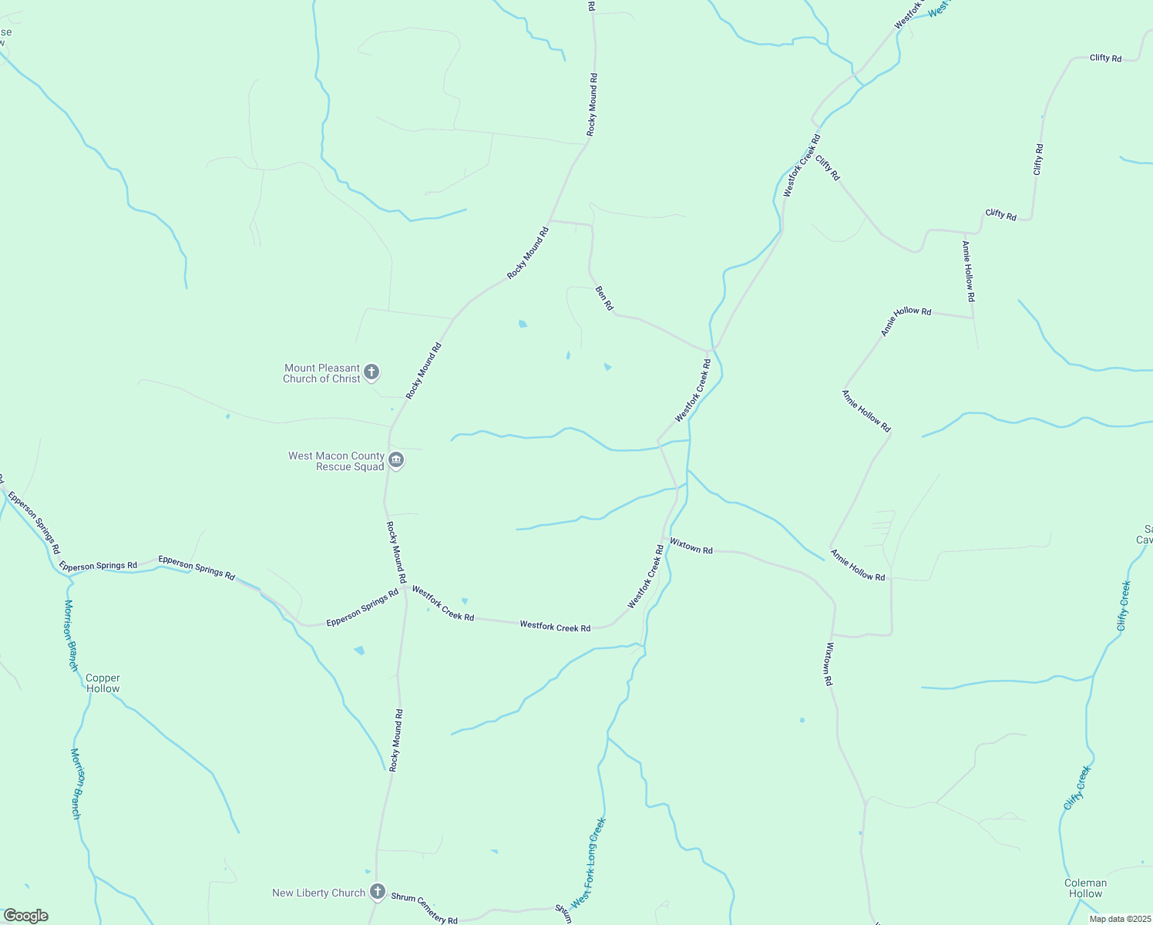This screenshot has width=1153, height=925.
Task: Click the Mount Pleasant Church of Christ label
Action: coord(322,373)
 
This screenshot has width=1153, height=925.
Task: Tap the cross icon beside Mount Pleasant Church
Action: coord(371,373)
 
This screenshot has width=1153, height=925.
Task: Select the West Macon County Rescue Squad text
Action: coord(336,461)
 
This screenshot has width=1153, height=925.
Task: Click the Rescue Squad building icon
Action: coord(396,461)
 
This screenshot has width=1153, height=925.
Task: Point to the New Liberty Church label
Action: coord(318,893)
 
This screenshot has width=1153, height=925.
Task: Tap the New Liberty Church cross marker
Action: coord(377,893)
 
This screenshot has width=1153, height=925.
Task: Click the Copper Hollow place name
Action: coord(103,683)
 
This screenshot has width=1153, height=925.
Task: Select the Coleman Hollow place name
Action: coord(1085,888)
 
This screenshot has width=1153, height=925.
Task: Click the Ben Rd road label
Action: coord(604,298)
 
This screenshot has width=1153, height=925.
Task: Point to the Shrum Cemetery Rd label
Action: coord(424,908)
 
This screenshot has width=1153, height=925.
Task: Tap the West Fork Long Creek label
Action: coord(588,863)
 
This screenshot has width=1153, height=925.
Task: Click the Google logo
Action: coord(25,915)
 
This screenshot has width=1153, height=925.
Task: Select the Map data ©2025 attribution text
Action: coord(1119,918)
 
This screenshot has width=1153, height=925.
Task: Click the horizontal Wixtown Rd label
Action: coord(691,546)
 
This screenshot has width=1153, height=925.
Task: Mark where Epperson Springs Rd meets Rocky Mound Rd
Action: coord(405,587)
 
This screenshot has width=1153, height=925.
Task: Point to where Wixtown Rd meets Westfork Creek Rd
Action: coord(663,537)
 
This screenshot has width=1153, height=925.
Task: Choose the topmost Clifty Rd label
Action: coord(1105,58)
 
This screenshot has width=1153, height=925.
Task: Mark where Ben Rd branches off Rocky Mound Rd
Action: coord(549,221)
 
